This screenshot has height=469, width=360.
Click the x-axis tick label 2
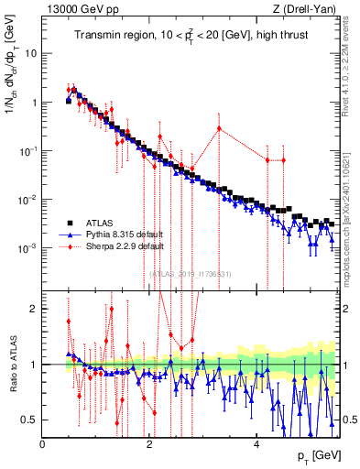click(x=149, y=444)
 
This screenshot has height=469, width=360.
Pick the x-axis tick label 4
click(x=256, y=444)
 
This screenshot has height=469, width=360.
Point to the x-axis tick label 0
click(x=43, y=444)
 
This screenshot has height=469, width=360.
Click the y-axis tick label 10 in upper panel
click(x=29, y=53)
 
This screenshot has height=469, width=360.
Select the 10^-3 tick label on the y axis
click(x=28, y=248)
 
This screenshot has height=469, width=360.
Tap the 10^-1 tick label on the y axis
click(x=28, y=151)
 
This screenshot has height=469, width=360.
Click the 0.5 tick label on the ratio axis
click(x=31, y=420)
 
